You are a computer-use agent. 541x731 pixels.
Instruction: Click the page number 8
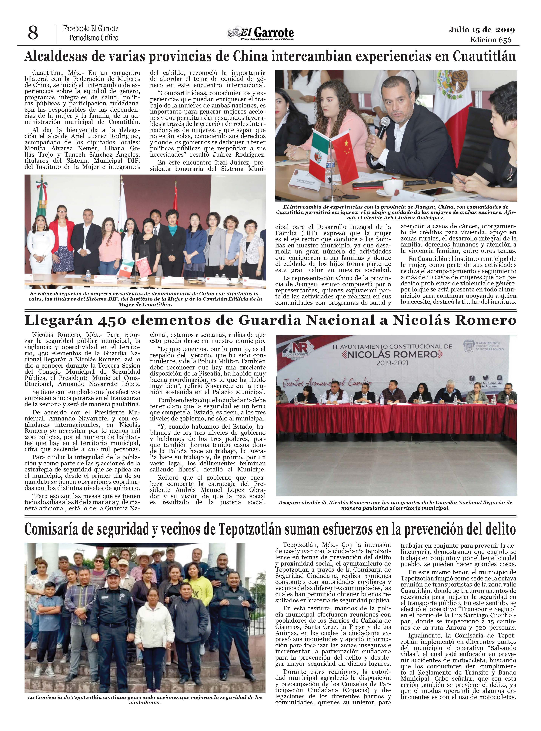tap(33, 33)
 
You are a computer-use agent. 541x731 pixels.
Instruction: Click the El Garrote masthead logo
tap(261, 33)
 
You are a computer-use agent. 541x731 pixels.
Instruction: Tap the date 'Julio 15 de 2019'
tap(482, 30)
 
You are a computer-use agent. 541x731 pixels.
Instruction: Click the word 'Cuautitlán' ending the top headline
tap(484, 57)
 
